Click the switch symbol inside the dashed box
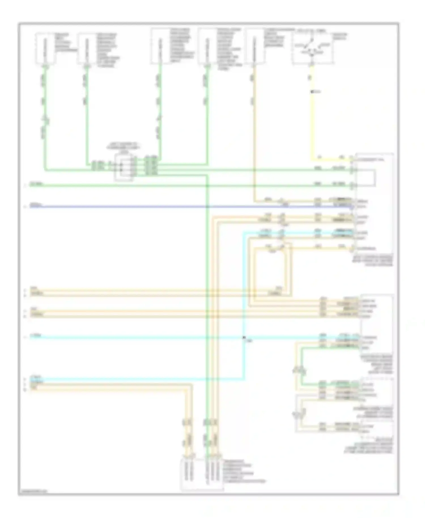point(312,48)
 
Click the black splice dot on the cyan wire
point(244,337)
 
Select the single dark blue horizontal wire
point(170,207)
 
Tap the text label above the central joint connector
point(124,148)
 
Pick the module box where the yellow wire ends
point(374,204)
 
